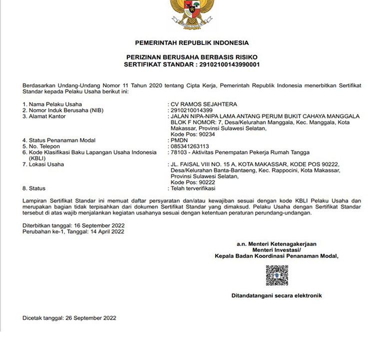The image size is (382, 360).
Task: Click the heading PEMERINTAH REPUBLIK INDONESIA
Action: [x=192, y=42]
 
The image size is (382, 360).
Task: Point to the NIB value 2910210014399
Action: [x=192, y=110]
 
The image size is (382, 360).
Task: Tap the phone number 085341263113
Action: [x=189, y=146]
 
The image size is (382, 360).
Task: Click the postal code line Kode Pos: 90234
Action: [x=193, y=134]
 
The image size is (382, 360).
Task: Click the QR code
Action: [x=277, y=275]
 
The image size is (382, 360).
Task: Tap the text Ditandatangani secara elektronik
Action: [x=276, y=295]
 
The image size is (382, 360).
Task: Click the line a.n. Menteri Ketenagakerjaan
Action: [x=276, y=244]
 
